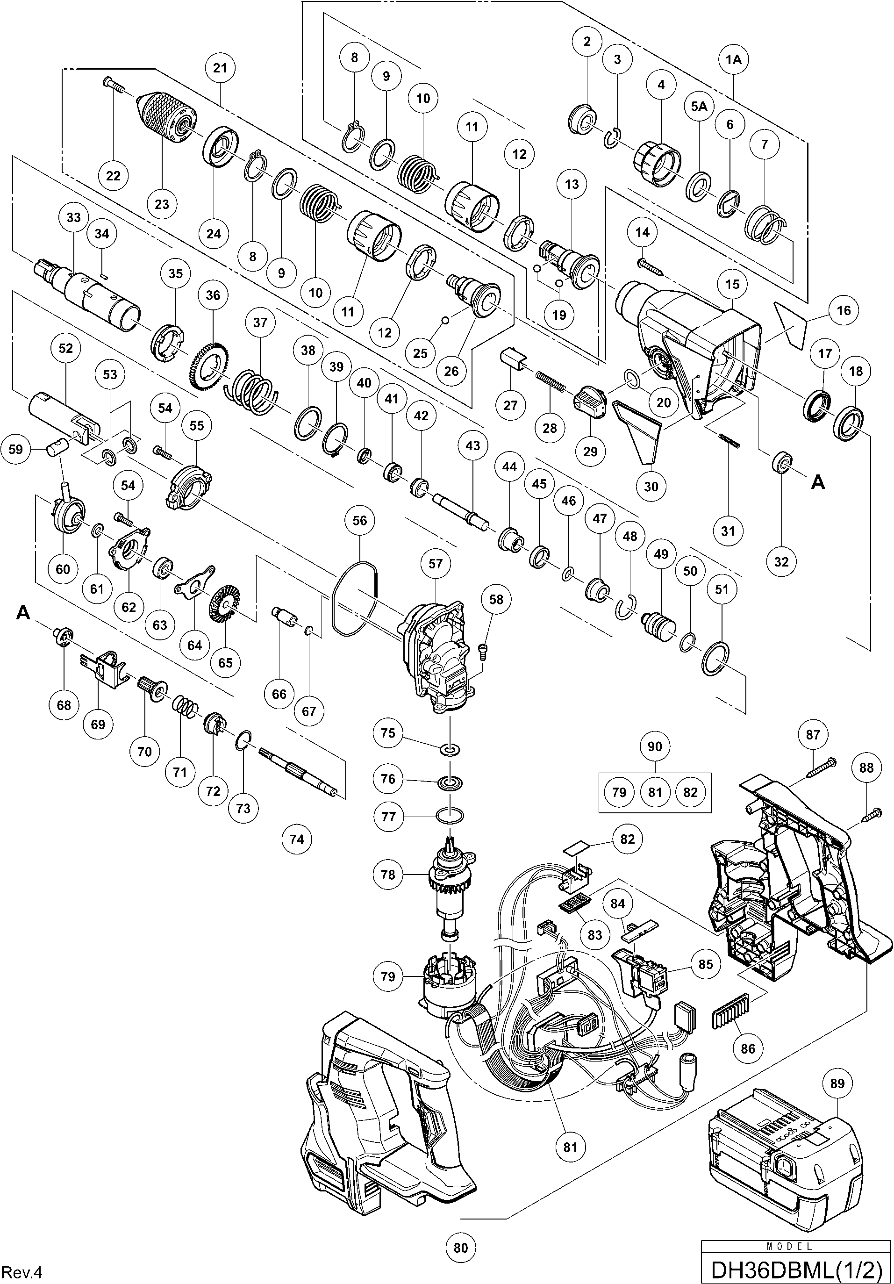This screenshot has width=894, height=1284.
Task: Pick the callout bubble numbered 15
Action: pos(732,284)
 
